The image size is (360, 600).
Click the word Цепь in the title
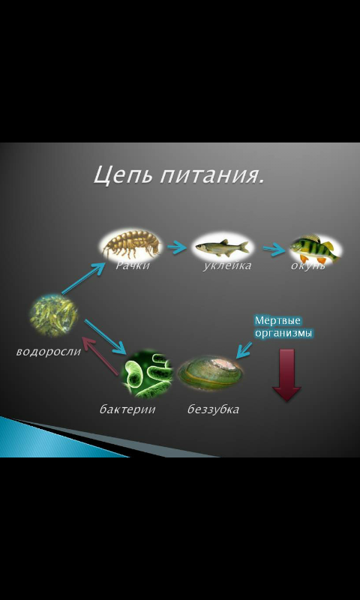click(x=122, y=175)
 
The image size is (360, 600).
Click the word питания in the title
click(x=211, y=176)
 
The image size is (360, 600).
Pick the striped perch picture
click(x=315, y=249)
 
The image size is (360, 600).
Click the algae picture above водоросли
click(x=54, y=315)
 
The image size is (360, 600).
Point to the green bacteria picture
click(x=147, y=373)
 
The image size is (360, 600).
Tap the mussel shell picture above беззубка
click(x=211, y=373)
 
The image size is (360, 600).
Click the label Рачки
click(x=132, y=266)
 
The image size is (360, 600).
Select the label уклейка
click(x=226, y=266)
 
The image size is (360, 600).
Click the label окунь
click(x=308, y=266)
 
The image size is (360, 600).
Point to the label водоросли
click(x=49, y=352)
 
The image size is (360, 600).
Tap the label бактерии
click(x=127, y=409)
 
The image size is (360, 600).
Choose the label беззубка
click(x=213, y=409)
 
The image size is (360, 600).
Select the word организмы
click(x=283, y=333)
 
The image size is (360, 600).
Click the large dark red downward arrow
click(x=286, y=375)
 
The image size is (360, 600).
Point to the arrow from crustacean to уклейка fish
click(x=177, y=247)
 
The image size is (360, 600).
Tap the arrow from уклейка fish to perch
click(x=274, y=250)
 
